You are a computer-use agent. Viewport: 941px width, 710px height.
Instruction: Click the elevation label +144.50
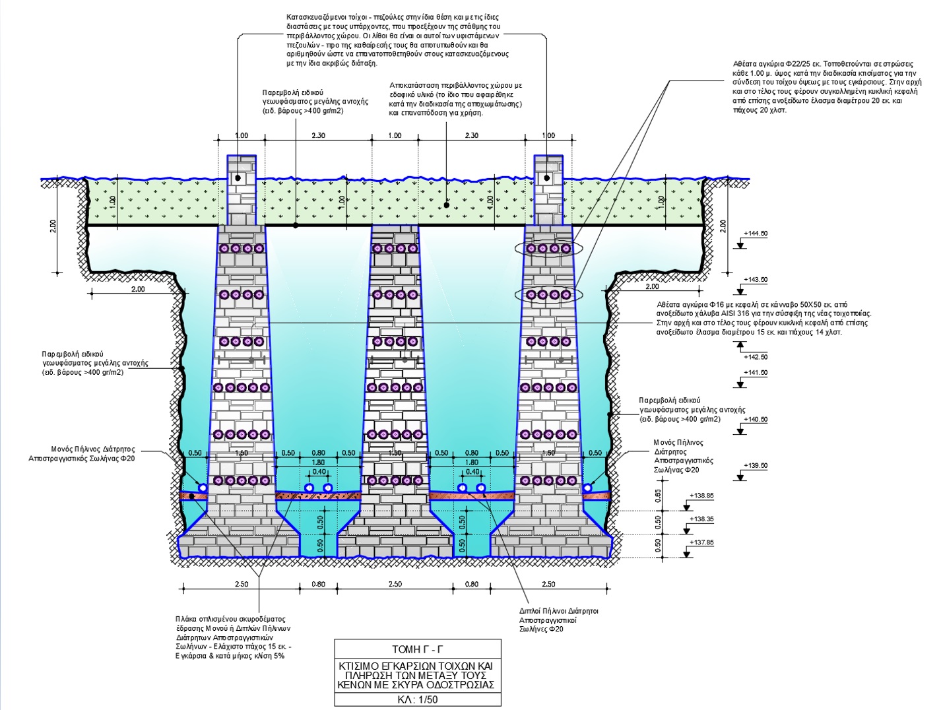pos(756,234)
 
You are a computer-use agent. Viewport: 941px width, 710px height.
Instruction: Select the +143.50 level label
pos(756,280)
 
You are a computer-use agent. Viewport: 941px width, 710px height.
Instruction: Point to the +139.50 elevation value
pos(756,466)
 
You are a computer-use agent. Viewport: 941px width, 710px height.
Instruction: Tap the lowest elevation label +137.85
pos(701,543)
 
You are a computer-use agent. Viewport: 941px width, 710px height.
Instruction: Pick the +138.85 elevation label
pos(701,496)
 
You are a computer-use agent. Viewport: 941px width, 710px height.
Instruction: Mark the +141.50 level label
pos(756,373)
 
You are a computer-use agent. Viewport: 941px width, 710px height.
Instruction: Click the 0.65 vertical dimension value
pos(658,496)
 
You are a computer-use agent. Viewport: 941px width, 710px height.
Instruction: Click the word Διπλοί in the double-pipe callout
pos(529,611)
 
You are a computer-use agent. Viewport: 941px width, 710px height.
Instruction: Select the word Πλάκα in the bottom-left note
pos(186,620)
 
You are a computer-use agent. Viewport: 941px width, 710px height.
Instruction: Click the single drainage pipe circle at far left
pos(202,487)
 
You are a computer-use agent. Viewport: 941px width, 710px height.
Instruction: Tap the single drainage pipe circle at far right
pos(587,488)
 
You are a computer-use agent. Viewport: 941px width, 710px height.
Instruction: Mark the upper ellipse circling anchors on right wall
pos(549,249)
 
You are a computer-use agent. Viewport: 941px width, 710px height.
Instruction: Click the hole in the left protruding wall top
pos(238,179)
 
